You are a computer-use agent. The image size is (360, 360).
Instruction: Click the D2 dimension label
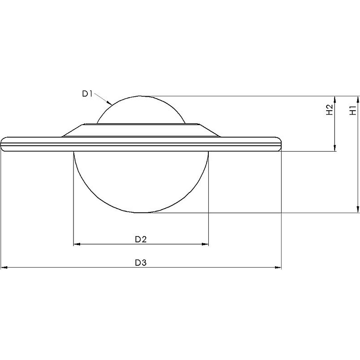[140, 239]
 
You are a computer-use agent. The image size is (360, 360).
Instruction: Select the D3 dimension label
[140, 263]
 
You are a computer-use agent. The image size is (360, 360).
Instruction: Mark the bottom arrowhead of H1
[358, 210]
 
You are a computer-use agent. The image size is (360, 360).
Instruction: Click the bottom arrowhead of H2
[335, 149]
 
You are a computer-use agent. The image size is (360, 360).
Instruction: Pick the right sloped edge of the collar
[210, 130]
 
